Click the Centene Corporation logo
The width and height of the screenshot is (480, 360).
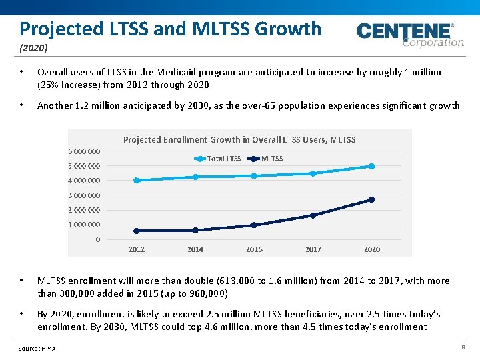point(409,35)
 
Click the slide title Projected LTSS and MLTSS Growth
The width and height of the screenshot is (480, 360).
point(170,29)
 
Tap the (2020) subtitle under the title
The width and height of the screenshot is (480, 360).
point(33,49)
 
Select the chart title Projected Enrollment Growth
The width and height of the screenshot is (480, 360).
point(239,139)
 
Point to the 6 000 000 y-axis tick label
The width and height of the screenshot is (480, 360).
point(84,151)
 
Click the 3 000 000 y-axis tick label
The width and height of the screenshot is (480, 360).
point(84,195)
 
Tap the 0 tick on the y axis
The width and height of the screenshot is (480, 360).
point(98,239)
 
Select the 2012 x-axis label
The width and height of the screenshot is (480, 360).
point(137,249)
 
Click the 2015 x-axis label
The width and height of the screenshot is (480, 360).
point(254,249)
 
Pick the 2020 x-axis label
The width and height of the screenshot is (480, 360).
point(372,249)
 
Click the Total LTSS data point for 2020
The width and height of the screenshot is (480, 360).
point(372,166)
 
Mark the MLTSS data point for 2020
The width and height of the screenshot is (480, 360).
point(372,199)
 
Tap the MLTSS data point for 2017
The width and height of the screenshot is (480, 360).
point(313,215)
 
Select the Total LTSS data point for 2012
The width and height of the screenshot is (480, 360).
point(137,180)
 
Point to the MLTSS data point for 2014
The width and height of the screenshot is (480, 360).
point(195,230)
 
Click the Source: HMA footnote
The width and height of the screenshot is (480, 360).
point(37,349)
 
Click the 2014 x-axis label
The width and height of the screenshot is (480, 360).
point(195,249)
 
